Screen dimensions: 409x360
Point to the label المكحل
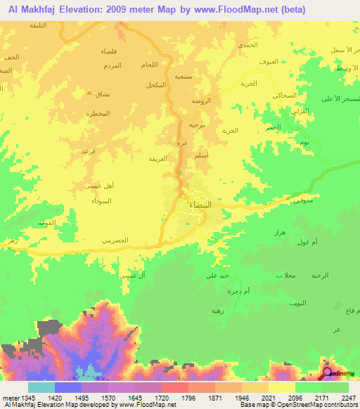157,84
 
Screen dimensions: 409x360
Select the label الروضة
202,100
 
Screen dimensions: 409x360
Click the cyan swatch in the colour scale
41,387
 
